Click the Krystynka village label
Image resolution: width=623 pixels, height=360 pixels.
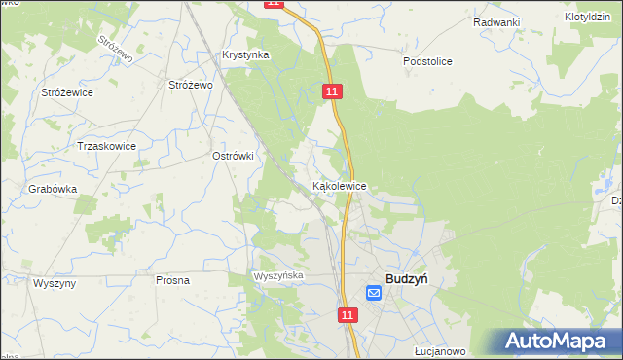coord(245,55)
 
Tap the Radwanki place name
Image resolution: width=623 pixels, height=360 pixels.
coord(496,22)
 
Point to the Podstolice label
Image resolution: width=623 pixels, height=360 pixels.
coord(427,61)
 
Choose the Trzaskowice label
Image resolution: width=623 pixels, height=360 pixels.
coord(106,146)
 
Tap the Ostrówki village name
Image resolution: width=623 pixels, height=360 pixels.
coord(233,156)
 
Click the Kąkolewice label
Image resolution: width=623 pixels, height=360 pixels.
coord(339,185)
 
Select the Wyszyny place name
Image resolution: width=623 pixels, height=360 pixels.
coord(55,282)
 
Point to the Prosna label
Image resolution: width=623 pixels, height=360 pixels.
coord(172,280)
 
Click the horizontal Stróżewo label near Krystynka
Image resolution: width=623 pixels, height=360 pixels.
coord(191,86)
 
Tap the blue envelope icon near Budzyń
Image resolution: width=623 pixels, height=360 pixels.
coord(374,292)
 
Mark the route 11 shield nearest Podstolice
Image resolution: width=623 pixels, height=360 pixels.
coord(333,90)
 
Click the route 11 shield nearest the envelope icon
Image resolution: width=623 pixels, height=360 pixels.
coord(348,315)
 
